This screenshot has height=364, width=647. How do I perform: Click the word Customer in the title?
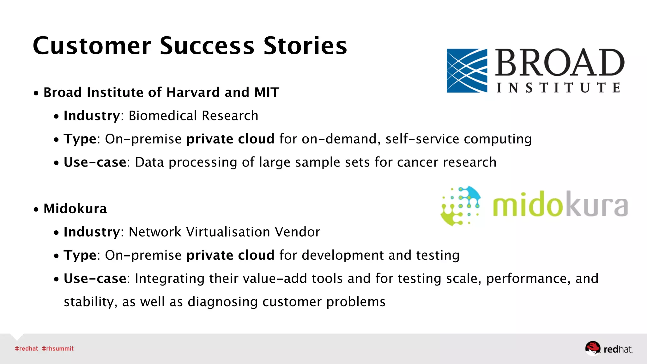92,46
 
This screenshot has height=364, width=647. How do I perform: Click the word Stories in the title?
305,46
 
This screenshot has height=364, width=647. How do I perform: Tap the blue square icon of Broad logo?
467,70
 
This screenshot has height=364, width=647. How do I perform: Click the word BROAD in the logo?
559,63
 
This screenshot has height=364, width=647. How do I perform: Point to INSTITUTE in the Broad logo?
558,88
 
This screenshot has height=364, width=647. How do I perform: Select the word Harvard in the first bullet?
193,93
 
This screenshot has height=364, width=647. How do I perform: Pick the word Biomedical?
163,116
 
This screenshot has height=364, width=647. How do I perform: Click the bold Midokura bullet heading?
75,209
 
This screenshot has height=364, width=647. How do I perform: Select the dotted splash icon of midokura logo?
461,206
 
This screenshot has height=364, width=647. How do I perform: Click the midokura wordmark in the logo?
560,205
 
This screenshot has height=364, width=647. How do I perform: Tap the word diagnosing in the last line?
222,302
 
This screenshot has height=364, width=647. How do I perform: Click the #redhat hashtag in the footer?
26,349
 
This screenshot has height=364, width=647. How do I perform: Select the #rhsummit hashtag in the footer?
57,349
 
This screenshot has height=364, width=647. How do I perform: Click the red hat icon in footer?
592,348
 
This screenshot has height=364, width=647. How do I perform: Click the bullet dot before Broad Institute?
36,94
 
